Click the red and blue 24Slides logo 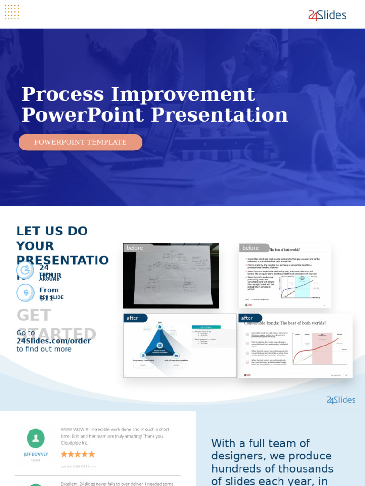[327, 16]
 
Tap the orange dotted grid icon [11, 12]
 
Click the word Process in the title [62, 94]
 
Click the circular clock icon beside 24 [25, 270]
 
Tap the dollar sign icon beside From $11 [25, 293]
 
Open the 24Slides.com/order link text [53, 341]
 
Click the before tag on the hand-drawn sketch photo [135, 248]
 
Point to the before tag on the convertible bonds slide [251, 248]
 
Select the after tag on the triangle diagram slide [134, 318]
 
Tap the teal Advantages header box [206, 327]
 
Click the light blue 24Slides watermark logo [341, 400]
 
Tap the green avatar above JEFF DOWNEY [36, 438]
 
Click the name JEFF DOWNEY [36, 454]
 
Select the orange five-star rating [77, 454]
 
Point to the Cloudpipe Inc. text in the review [75, 443]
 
